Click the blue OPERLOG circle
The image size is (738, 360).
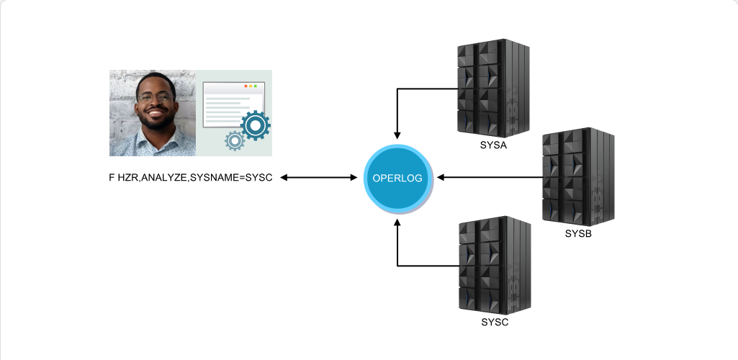coord(397,179)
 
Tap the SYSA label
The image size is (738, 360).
coord(493,145)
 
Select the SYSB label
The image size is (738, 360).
coord(578,234)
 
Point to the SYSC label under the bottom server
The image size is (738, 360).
coord(495,323)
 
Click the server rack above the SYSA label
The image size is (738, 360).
coord(493,89)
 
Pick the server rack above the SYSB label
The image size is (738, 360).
coord(578,177)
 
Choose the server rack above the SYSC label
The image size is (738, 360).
coord(495,266)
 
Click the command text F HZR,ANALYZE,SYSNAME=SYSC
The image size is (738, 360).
coord(191,177)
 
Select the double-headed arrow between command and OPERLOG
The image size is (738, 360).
coord(319,177)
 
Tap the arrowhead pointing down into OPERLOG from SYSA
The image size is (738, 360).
coord(397,135)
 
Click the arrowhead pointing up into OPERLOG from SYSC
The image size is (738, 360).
coord(397,222)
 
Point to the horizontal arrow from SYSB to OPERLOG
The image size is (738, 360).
coord(490,177)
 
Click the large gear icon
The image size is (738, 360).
coord(255,125)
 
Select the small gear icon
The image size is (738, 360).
coord(235,140)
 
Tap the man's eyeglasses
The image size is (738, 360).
coord(155,98)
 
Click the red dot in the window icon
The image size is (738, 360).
coord(246,86)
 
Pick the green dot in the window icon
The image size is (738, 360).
coord(256,86)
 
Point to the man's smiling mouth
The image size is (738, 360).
coord(156,112)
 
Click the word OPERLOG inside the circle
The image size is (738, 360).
coord(397,179)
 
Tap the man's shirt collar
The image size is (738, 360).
coord(156,137)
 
